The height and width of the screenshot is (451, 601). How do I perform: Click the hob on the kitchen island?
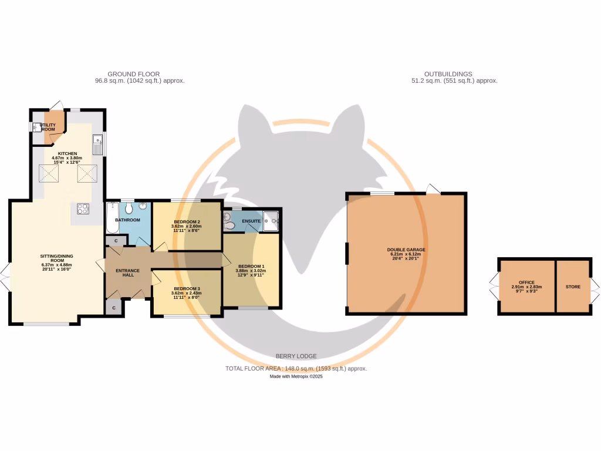82,208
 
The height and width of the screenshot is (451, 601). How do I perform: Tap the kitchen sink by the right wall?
97,143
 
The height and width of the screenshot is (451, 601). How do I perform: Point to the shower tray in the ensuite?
272,221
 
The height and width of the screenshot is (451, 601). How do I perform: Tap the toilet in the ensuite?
229,224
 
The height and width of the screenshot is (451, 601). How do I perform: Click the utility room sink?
36,127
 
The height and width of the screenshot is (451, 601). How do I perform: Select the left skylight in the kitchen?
49,173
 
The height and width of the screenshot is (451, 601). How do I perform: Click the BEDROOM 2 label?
186,222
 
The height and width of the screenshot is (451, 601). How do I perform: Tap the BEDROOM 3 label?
186,289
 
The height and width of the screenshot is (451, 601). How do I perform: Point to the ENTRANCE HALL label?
127,272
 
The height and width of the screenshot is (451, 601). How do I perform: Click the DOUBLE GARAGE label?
406,250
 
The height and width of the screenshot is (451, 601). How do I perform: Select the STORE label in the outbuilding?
573,287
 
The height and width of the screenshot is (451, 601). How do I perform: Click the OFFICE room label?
526,282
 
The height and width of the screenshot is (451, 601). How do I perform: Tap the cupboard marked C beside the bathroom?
116,241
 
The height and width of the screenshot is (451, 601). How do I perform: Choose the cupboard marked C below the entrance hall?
113,307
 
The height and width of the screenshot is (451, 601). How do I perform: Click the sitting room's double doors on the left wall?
6,272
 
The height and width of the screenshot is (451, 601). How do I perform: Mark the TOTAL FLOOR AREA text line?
296,369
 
